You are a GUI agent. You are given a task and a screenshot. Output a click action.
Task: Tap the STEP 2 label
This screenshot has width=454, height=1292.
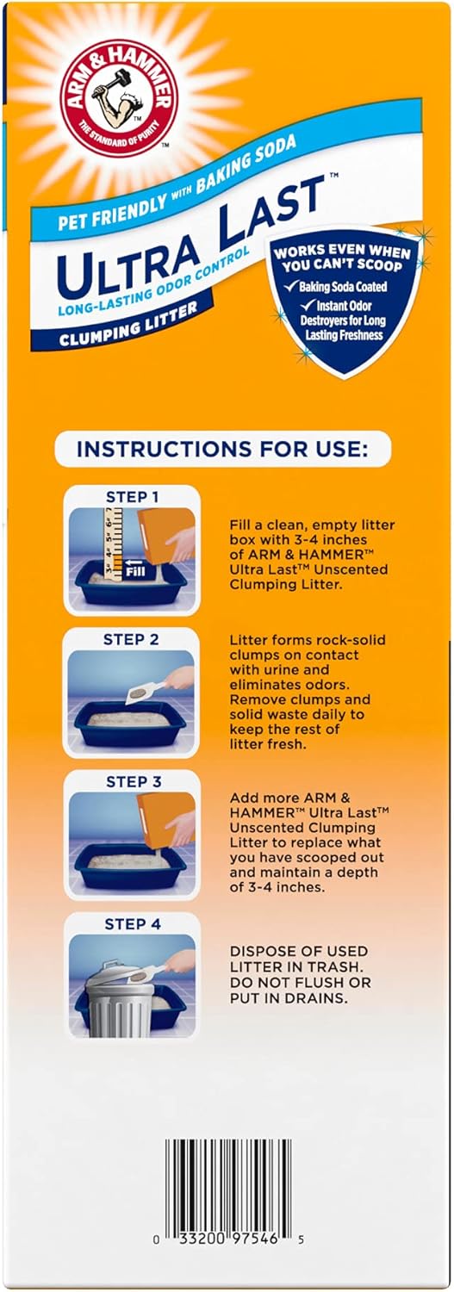pyautogui.click(x=132, y=639)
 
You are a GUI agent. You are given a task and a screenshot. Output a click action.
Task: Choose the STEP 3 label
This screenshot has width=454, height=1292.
pyautogui.click(x=132, y=781)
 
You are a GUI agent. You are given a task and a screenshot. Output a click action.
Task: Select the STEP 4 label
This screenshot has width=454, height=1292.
pyautogui.click(x=132, y=925)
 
